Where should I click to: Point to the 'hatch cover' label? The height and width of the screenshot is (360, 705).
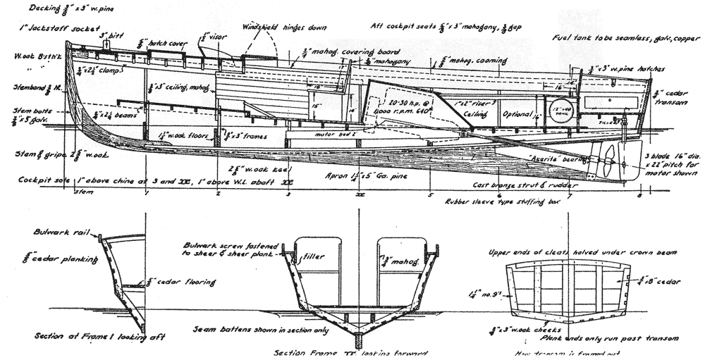(168, 44)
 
